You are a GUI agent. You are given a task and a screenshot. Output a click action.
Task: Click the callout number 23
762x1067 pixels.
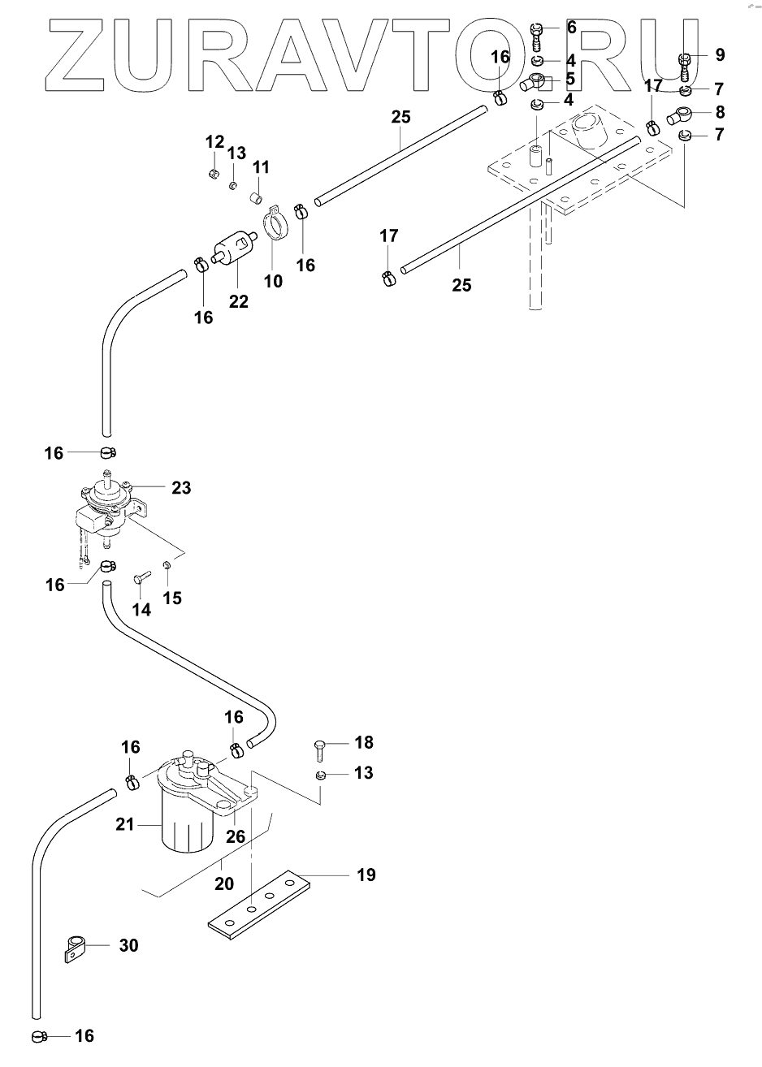point(181,488)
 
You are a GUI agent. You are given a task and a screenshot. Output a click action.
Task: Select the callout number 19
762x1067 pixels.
point(366,875)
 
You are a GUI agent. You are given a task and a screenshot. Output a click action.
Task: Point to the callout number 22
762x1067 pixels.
point(238,301)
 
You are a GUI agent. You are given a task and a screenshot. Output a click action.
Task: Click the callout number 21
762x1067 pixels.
point(125,824)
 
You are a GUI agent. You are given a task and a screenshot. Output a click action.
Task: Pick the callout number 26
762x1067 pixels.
point(236,836)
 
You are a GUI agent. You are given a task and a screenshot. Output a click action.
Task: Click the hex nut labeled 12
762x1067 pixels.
point(214,174)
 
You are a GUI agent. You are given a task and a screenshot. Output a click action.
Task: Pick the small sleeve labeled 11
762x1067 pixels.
point(257,197)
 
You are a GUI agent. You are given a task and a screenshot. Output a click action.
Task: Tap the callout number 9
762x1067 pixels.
point(720,54)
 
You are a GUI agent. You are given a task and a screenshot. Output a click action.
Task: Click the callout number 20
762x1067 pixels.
point(224,883)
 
